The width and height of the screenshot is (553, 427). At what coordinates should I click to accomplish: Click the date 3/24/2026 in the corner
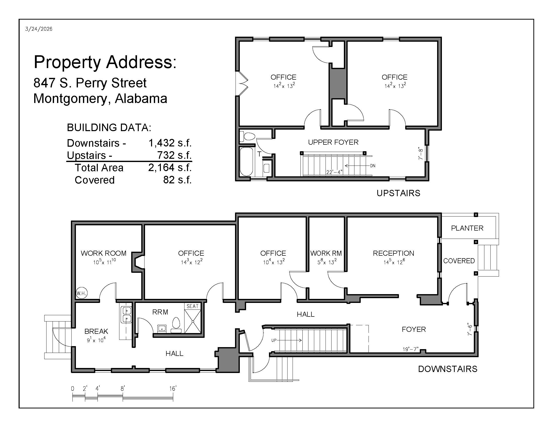39,29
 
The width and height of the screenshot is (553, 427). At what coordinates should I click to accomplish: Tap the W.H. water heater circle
81,293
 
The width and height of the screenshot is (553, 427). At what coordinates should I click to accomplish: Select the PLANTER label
467,228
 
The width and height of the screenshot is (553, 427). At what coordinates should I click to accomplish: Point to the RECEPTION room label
393,253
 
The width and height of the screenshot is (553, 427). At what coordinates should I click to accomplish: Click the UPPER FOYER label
333,142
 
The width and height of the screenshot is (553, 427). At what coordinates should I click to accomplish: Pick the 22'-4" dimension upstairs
334,172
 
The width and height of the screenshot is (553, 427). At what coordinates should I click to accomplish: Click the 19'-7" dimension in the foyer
410,349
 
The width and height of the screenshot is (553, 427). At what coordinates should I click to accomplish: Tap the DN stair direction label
373,166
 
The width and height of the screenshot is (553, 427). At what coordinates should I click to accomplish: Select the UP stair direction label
274,340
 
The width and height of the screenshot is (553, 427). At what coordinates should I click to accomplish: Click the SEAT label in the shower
193,306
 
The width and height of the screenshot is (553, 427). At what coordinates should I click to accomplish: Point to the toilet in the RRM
176,325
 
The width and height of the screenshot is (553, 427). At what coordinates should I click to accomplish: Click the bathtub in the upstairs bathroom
246,162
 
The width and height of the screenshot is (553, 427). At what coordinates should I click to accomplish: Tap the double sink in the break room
127,314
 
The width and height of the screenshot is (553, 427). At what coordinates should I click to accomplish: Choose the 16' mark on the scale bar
173,389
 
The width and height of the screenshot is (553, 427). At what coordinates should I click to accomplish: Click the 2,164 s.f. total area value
170,168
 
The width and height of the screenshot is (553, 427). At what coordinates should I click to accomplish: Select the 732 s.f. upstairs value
174,155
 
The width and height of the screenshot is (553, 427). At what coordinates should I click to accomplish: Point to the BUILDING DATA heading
109,128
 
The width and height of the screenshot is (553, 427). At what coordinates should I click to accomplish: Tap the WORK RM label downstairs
326,253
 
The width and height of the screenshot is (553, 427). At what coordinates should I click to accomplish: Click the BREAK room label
96,331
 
